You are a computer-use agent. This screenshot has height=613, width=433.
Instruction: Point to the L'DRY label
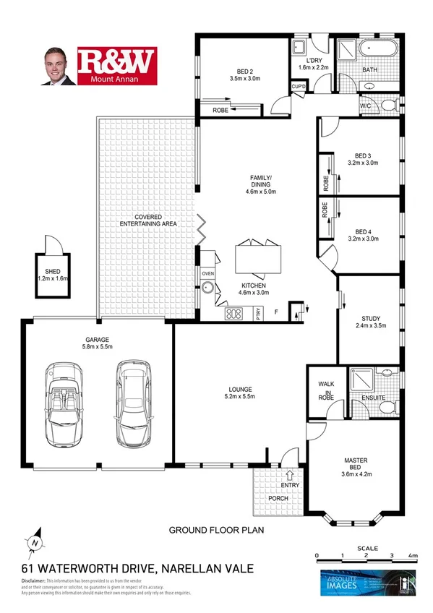tap(313, 60)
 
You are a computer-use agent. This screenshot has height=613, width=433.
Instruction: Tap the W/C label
tap(366, 106)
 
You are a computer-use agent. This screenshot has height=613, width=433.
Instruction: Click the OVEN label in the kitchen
tap(208, 274)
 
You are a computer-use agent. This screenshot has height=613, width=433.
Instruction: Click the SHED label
tap(52, 271)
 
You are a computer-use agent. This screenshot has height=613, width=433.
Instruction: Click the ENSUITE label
tap(373, 398)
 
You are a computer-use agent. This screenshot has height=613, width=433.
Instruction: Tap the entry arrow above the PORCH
tap(288, 476)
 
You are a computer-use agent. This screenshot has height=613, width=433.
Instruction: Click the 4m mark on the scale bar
tap(411, 555)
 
